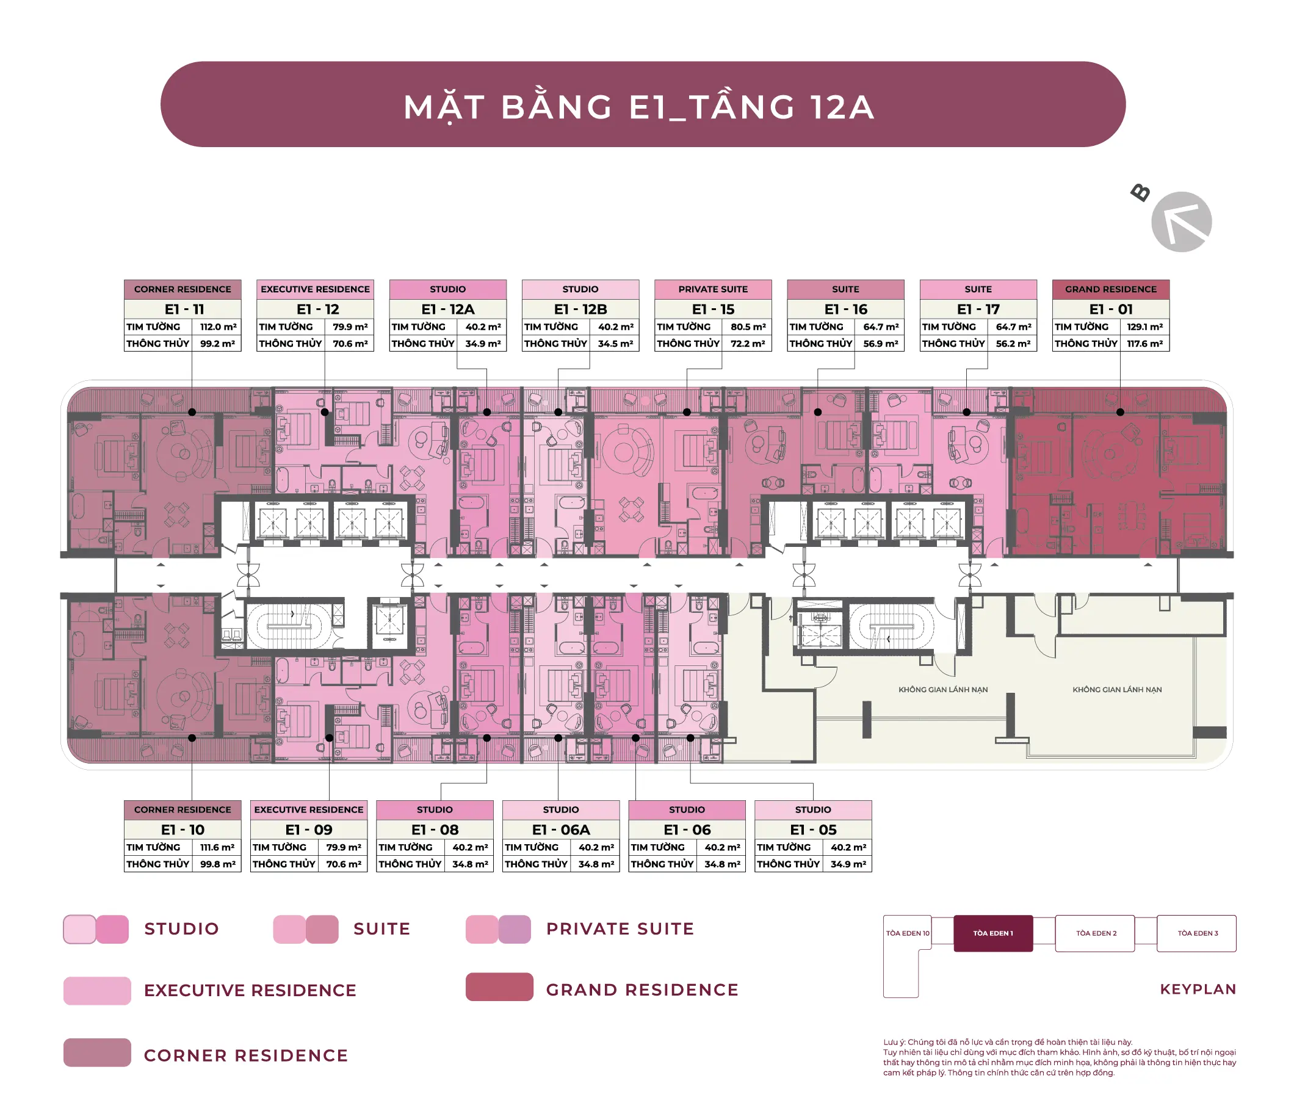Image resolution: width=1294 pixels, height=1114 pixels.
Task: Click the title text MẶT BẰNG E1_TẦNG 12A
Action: (639, 107)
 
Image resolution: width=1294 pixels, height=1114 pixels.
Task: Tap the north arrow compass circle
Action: (1181, 222)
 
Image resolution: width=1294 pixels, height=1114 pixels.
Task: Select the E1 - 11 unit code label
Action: (184, 309)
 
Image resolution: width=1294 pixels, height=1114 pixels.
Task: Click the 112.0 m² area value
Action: (218, 327)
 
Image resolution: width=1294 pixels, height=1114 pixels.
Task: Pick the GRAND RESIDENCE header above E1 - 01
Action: (1110, 289)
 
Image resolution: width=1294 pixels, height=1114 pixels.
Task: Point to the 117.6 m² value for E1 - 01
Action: (1144, 344)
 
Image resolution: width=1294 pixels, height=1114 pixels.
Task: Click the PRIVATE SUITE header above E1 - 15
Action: (712, 289)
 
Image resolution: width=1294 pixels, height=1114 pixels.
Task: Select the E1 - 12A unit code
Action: (448, 309)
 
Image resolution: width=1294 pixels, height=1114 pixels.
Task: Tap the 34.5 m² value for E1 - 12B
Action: (615, 344)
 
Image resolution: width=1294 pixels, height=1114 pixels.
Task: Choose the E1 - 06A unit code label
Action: (561, 830)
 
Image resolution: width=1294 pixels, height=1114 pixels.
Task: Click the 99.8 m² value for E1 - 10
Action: (218, 864)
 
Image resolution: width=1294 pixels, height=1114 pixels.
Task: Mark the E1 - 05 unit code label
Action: (813, 830)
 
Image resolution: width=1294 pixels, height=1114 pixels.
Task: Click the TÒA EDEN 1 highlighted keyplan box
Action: (993, 933)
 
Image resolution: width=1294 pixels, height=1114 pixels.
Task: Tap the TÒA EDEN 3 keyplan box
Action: (1196, 933)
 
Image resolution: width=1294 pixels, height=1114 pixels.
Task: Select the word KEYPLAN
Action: (1198, 989)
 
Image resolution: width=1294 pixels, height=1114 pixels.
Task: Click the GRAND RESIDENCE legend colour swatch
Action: (499, 987)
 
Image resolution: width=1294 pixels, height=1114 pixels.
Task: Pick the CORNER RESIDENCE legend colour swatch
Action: (97, 1053)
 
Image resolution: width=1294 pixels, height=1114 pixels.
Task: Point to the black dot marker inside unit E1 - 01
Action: (1121, 412)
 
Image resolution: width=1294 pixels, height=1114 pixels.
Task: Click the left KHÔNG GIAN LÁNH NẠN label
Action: (943, 690)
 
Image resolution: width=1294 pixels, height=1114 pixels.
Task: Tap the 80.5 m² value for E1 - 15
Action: (748, 327)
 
